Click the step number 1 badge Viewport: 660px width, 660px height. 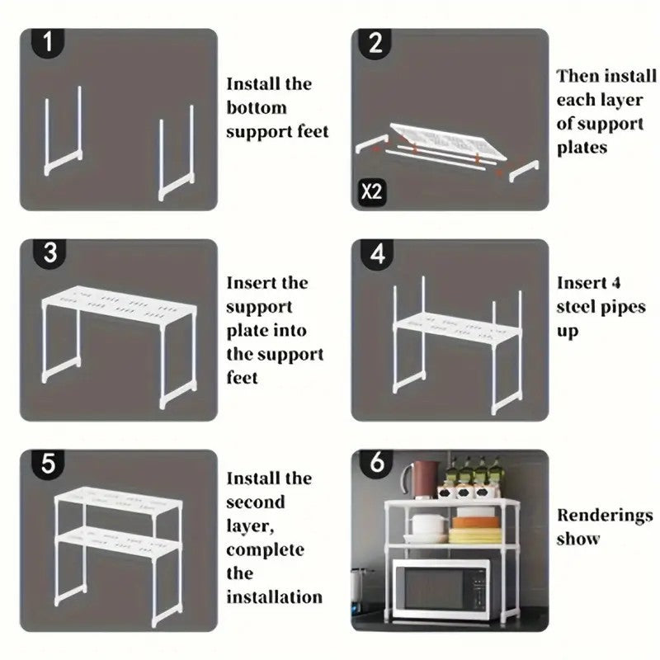point(48,43)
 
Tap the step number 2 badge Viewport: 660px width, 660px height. point(375,43)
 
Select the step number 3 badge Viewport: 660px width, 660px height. point(49,253)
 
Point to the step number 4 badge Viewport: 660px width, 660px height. point(377,254)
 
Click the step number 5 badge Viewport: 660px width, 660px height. point(48,464)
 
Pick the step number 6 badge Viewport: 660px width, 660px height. point(377,463)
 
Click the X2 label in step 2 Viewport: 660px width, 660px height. point(371,192)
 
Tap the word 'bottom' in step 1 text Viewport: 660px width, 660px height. point(257,108)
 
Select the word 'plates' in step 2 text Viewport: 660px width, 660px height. point(582,148)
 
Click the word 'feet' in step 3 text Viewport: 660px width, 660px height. point(242,377)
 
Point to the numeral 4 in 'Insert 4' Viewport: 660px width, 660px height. point(615,283)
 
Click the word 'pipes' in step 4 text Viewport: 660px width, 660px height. point(623,308)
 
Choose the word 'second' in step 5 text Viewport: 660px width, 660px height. point(256,502)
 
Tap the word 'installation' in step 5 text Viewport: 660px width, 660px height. point(275,596)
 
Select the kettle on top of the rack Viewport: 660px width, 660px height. point(421,479)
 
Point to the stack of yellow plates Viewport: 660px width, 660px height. point(475,535)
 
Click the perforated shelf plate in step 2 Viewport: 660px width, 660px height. point(448,141)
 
